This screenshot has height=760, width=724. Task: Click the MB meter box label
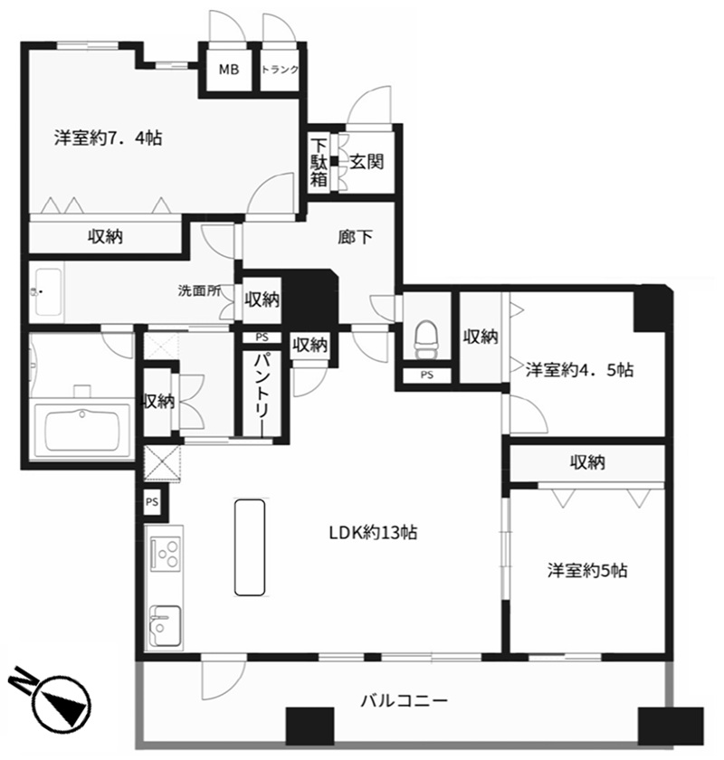(x=229, y=70)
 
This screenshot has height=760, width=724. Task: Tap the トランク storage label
(x=280, y=70)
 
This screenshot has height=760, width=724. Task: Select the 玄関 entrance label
(x=367, y=161)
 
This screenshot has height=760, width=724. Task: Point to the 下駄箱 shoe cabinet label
(x=319, y=162)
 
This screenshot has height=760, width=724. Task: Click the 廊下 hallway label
(x=355, y=236)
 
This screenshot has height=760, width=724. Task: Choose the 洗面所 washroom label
(x=199, y=290)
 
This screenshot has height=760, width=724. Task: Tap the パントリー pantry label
(x=262, y=393)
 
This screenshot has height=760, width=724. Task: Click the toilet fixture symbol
(x=427, y=338)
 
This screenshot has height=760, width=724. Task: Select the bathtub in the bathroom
(x=81, y=431)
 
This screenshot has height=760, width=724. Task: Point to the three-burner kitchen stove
(x=166, y=554)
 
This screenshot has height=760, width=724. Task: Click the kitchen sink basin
(x=165, y=626)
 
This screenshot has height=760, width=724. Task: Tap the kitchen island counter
(x=250, y=547)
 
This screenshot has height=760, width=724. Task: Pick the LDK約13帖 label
(x=374, y=533)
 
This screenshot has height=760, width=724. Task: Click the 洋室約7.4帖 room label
(x=108, y=138)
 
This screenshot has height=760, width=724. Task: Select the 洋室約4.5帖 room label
(x=579, y=370)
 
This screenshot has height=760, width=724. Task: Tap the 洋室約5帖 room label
(x=587, y=571)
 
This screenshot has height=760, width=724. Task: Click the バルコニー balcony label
(x=404, y=700)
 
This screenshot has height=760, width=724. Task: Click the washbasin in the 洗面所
(x=47, y=291)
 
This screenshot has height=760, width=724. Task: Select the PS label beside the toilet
(x=427, y=375)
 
